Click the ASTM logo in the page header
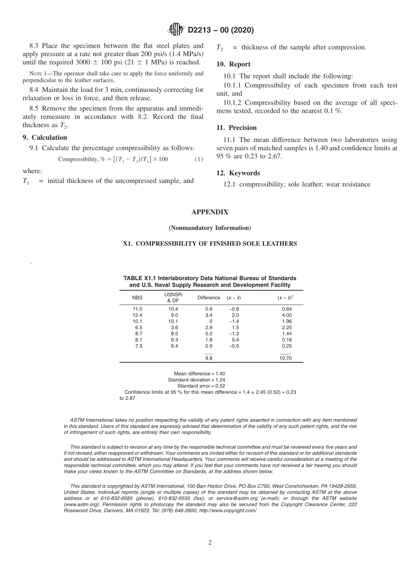pos(176,30)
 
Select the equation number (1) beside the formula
pos(199,159)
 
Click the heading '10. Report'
pos(233,64)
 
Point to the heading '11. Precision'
pos(237,128)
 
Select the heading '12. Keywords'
pos(238,173)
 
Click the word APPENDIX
pos(210,212)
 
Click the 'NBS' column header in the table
pos(137,297)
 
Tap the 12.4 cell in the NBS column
pos(137,315)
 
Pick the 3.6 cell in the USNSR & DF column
pos(174,327)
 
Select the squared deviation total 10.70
pos(286,358)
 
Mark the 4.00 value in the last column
pos(286,315)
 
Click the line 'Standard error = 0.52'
pos(201,386)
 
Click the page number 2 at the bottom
pos(210,543)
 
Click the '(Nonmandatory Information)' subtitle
pos(210,228)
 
